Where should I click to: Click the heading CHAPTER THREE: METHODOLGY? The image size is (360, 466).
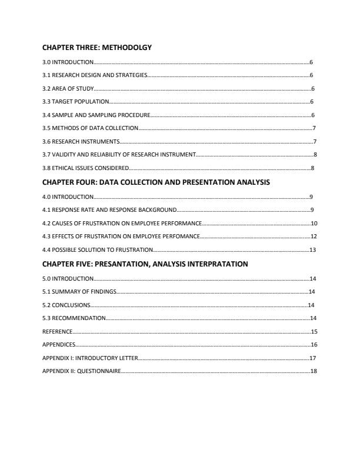pos(97,48)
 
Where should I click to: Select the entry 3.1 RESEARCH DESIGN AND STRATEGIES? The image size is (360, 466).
pos(95,75)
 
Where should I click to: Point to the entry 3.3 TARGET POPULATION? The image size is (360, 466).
pos(76,102)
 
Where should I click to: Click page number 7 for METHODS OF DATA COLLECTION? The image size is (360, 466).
pos(315,128)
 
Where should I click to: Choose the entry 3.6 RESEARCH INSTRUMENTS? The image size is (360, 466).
pos(81,142)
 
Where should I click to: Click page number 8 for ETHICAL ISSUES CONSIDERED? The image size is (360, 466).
pos(313,168)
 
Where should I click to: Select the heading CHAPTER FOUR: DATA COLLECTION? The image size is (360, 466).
pos(156,182)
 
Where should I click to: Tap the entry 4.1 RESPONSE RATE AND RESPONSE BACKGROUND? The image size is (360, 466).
pos(109,210)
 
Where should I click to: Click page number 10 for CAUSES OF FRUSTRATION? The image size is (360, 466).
pos(314,224)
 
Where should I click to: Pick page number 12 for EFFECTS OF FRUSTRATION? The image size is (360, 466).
pos(314,237)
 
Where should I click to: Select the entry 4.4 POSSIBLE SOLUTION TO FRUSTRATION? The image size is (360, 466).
pos(98,250)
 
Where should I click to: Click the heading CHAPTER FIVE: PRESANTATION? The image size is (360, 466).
pos(145,264)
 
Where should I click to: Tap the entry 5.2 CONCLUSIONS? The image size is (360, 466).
pos(66,305)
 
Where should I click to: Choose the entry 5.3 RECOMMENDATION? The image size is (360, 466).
pos(74,318)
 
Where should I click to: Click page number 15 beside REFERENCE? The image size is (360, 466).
pos(314,332)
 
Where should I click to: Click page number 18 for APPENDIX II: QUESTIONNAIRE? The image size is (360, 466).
pos(313,371)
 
